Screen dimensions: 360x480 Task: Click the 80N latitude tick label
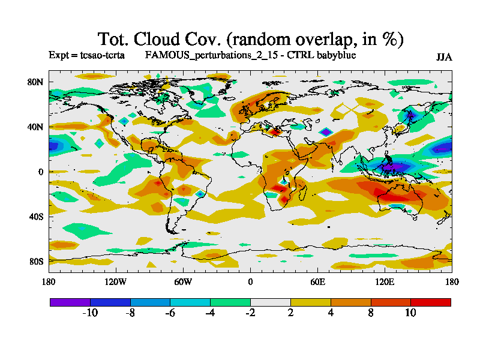click(x=37, y=82)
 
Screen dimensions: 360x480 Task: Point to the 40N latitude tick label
click(x=37, y=127)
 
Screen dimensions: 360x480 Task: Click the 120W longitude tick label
click(x=115, y=281)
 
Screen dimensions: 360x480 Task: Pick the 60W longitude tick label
click(x=182, y=281)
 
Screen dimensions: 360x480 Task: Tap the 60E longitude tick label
click(x=317, y=281)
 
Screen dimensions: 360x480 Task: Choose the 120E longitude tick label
click(x=384, y=281)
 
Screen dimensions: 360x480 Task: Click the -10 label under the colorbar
click(x=89, y=313)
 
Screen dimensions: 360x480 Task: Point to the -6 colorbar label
click(x=170, y=313)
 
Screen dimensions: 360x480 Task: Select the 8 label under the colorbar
click(x=371, y=313)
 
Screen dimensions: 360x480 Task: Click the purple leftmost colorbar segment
click(x=70, y=302)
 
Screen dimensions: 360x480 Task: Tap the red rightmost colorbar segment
click(x=431, y=302)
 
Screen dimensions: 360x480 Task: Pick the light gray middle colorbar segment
click(x=270, y=302)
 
